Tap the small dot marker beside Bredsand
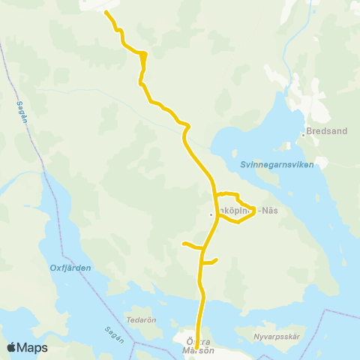click(x=303, y=135)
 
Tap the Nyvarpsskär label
click(x=277, y=337)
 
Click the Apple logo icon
click(x=11, y=347)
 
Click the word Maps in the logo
click(x=32, y=347)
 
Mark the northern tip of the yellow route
click(x=106, y=13)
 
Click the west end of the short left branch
click(x=184, y=243)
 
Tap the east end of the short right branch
click(x=216, y=260)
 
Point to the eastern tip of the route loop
click(x=256, y=209)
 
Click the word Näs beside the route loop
click(x=269, y=211)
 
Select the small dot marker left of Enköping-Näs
click(x=211, y=214)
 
